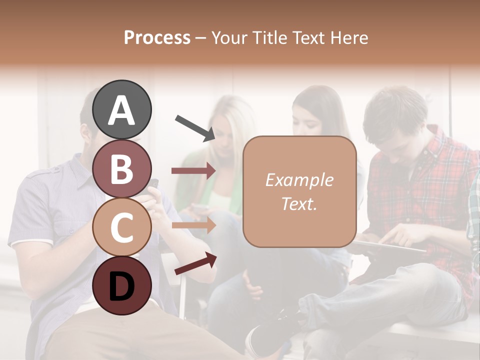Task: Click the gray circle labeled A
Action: tap(122, 109)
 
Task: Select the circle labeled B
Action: tap(122, 168)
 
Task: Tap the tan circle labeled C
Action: tap(122, 227)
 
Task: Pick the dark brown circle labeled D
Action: tap(122, 285)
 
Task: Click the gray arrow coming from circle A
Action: tap(194, 127)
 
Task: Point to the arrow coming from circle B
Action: tap(193, 170)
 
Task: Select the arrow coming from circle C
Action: tap(193, 225)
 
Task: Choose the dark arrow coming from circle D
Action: tap(195, 264)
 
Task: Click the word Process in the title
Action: tap(157, 37)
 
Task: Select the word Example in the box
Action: tap(299, 180)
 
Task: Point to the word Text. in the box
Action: tap(299, 204)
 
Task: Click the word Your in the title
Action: tap(228, 37)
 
